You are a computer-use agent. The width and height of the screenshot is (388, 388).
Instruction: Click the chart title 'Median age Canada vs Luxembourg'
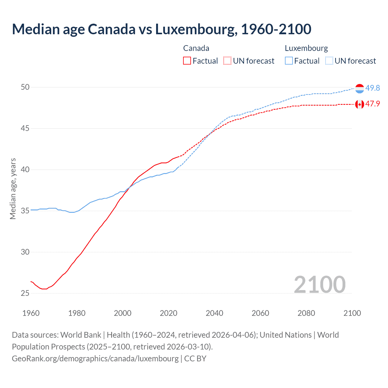161,29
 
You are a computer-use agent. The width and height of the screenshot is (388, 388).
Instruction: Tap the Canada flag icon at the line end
360,104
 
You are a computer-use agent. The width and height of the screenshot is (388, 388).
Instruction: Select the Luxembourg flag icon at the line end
360,89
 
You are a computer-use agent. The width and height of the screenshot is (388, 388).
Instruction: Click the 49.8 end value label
373,88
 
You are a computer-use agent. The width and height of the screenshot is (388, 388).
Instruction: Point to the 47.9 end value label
373,104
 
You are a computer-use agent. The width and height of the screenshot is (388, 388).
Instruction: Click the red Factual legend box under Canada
187,61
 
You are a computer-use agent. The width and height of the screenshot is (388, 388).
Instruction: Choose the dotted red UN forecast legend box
227,61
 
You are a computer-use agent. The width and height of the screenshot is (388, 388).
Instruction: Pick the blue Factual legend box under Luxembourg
289,61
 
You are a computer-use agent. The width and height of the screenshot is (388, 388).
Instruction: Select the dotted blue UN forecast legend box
329,61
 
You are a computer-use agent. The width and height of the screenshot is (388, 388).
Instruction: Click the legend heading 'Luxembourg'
306,48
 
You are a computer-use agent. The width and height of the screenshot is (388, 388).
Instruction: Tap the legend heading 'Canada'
196,48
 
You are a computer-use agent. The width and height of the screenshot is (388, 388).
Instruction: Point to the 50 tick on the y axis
25,87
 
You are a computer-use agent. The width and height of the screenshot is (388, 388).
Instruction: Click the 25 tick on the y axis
25,293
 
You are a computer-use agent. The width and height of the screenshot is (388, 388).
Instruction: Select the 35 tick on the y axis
25,211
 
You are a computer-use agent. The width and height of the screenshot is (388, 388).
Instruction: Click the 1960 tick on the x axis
31,313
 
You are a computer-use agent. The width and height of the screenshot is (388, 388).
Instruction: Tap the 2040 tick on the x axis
214,313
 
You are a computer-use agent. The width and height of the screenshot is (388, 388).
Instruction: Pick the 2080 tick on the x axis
306,313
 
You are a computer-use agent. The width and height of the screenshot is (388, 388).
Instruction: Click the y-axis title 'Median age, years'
13,189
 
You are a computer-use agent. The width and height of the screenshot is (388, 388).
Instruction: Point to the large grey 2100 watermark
319,284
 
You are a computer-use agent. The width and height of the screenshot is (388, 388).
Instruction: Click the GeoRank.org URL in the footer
95,359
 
